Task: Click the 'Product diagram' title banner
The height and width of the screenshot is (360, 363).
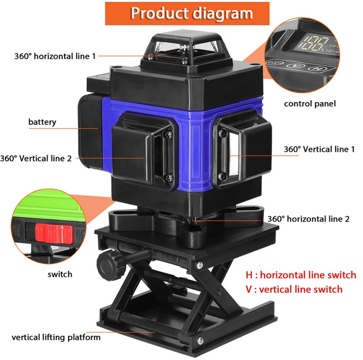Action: [187, 13]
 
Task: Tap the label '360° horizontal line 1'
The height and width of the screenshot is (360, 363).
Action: [55, 56]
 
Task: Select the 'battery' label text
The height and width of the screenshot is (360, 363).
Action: [42, 122]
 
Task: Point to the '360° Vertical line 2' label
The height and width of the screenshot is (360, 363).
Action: [36, 158]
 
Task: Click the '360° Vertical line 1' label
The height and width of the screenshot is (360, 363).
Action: [319, 149]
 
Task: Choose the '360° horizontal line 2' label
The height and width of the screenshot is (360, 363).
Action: [308, 219]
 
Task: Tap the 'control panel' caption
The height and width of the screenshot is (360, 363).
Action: [310, 103]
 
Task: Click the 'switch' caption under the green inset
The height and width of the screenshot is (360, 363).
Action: [60, 274]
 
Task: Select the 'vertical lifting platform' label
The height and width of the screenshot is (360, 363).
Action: [56, 337]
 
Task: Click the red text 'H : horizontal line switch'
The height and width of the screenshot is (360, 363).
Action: [301, 275]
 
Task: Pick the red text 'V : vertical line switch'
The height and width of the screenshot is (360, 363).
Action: [294, 289]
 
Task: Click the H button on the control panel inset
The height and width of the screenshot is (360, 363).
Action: [315, 68]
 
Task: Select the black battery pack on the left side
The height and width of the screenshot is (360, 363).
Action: [91, 131]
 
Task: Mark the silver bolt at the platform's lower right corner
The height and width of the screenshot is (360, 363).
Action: [200, 340]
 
